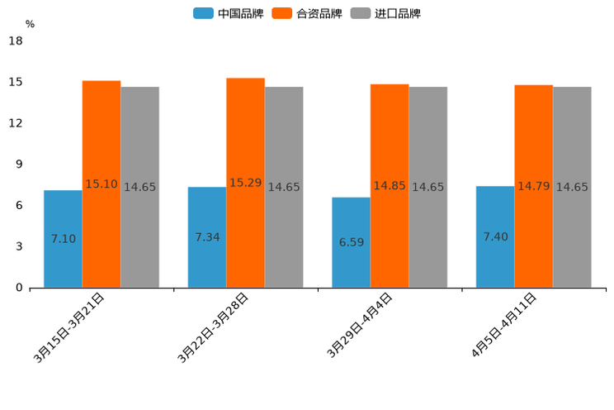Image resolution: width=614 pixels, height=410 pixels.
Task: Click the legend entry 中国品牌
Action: click(x=229, y=13)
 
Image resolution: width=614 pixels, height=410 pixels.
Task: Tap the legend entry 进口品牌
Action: click(x=386, y=13)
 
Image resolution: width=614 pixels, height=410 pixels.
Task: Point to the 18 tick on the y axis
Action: click(x=15, y=41)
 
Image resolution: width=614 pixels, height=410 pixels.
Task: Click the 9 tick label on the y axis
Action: click(x=19, y=164)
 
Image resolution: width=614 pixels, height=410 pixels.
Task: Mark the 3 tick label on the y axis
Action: click(x=19, y=246)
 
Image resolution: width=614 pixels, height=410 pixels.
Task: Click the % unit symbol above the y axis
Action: click(x=30, y=24)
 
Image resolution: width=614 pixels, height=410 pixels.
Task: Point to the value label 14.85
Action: click(x=390, y=186)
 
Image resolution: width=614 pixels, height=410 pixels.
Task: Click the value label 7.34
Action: click(x=207, y=237)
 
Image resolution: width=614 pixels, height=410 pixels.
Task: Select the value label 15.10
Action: click(x=102, y=184)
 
